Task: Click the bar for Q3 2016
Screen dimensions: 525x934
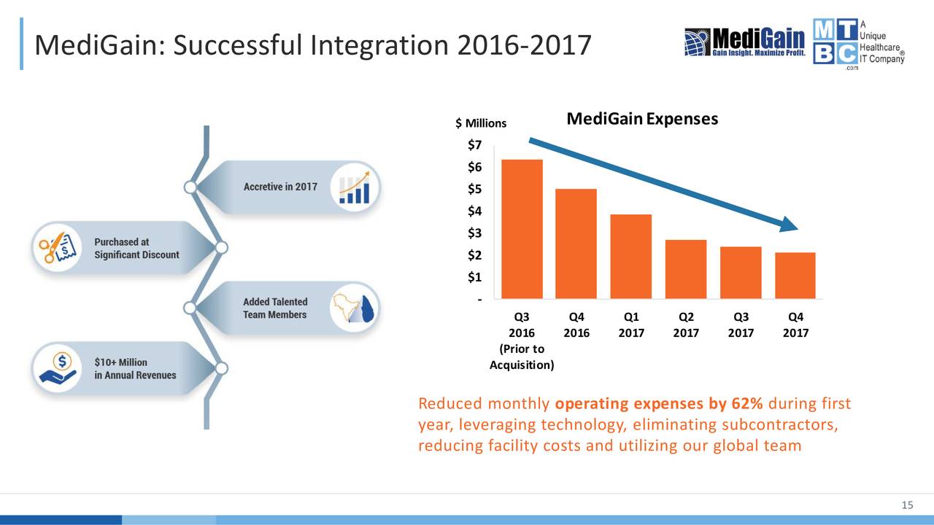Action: pyautogui.click(x=522, y=229)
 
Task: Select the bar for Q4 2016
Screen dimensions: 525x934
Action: pyautogui.click(x=576, y=244)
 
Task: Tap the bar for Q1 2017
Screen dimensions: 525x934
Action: pyautogui.click(x=630, y=257)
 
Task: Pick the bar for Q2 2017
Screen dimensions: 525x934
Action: pyautogui.click(x=685, y=269)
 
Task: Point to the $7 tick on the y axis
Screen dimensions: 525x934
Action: pyautogui.click(x=474, y=145)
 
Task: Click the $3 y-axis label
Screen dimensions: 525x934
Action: pyautogui.click(x=474, y=233)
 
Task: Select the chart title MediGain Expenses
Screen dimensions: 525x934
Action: pyautogui.click(x=642, y=119)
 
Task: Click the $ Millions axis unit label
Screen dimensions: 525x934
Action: pyautogui.click(x=480, y=123)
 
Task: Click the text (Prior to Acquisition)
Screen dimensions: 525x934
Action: pyautogui.click(x=522, y=357)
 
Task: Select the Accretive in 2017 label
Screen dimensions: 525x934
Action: pyautogui.click(x=280, y=187)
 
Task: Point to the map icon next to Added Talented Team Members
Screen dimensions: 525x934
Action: pyautogui.click(x=355, y=308)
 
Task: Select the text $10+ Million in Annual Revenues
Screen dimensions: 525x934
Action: pyautogui.click(x=135, y=368)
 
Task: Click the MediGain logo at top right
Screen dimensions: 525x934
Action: pyautogui.click(x=744, y=42)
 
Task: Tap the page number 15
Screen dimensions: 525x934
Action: pyautogui.click(x=908, y=507)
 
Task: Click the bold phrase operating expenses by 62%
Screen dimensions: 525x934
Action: pyautogui.click(x=659, y=405)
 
